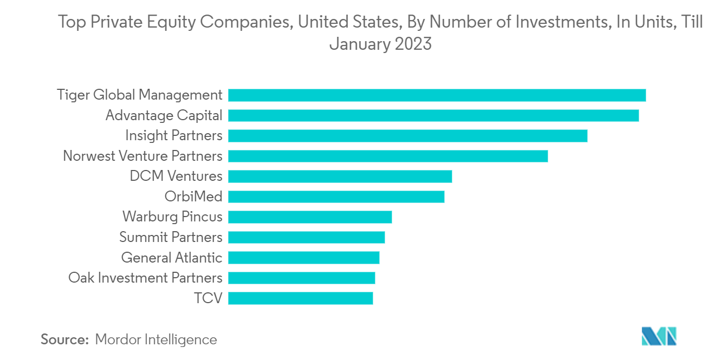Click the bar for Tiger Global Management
click(x=437, y=95)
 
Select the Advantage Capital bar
click(x=433, y=115)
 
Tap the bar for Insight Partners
click(x=407, y=135)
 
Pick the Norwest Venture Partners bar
click(x=388, y=156)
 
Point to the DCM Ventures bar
click(x=340, y=176)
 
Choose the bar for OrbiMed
click(x=336, y=197)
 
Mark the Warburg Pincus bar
click(x=310, y=217)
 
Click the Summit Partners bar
click(x=306, y=237)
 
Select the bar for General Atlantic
click(x=303, y=258)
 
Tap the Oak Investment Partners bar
click(x=301, y=278)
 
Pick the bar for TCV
click(x=300, y=298)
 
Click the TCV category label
click(x=209, y=298)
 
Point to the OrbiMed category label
click(x=193, y=197)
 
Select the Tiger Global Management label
click(x=140, y=95)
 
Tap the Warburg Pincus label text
click(x=172, y=217)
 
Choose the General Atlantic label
click(x=172, y=258)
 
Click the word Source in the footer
click(x=64, y=339)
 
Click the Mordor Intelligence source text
click(x=156, y=339)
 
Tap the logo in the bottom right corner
click(x=659, y=336)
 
